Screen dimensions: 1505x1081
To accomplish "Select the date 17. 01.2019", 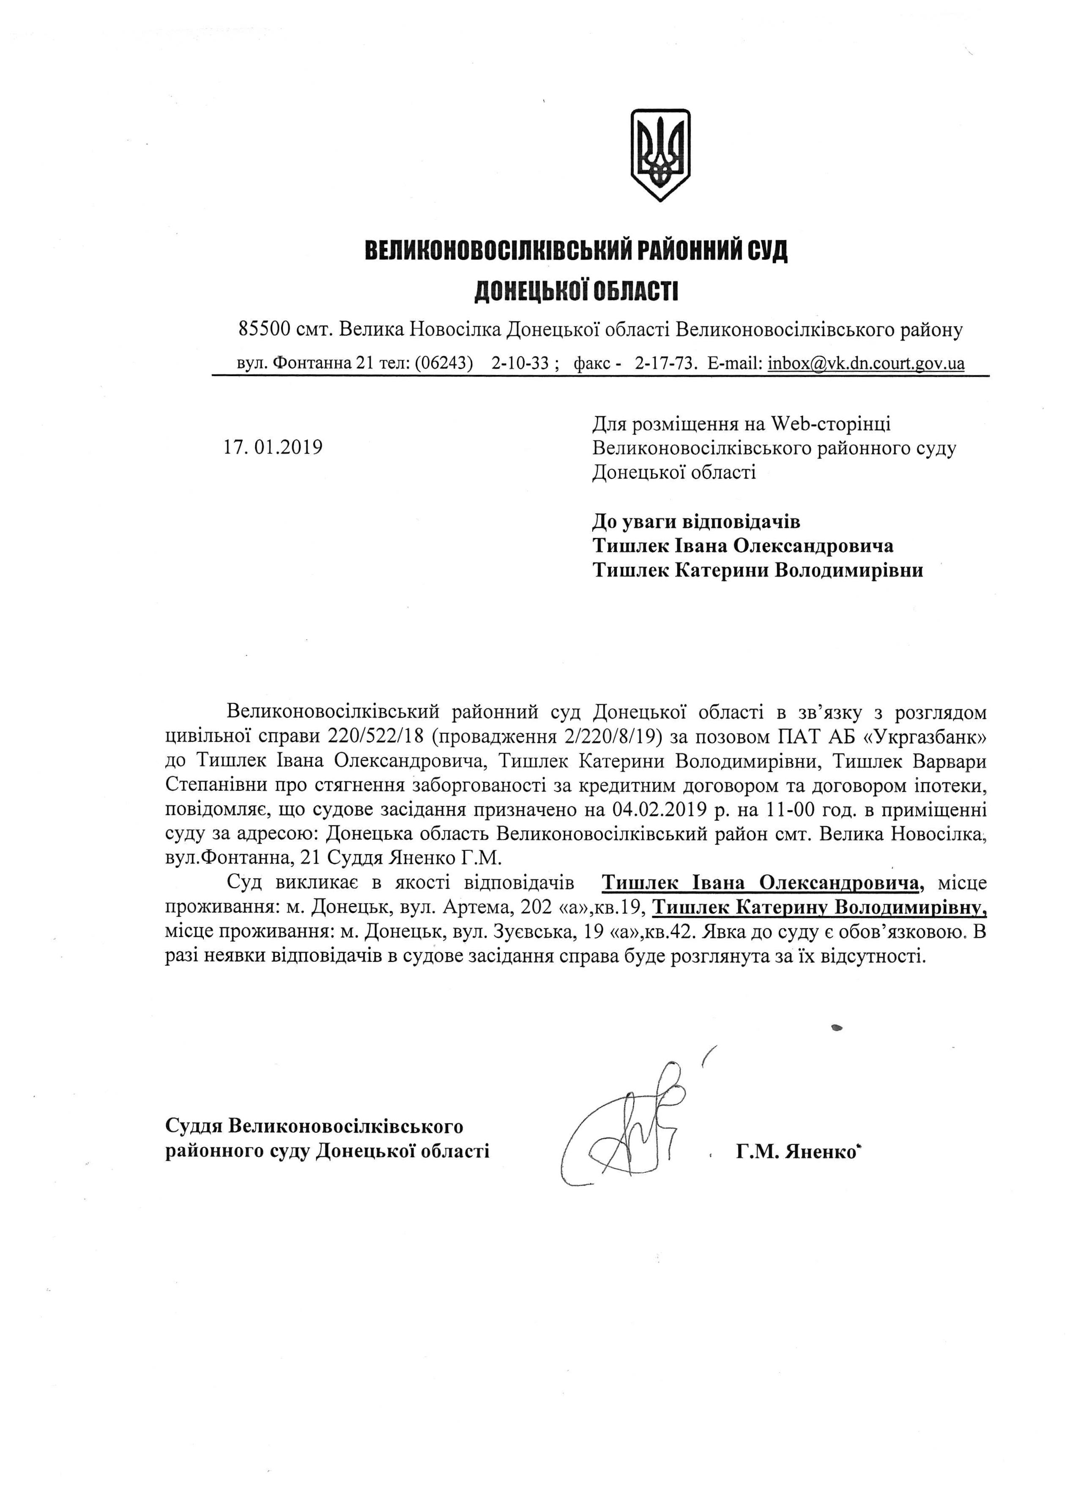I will click(x=273, y=447).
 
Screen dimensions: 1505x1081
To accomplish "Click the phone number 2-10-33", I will click(x=520, y=363).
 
